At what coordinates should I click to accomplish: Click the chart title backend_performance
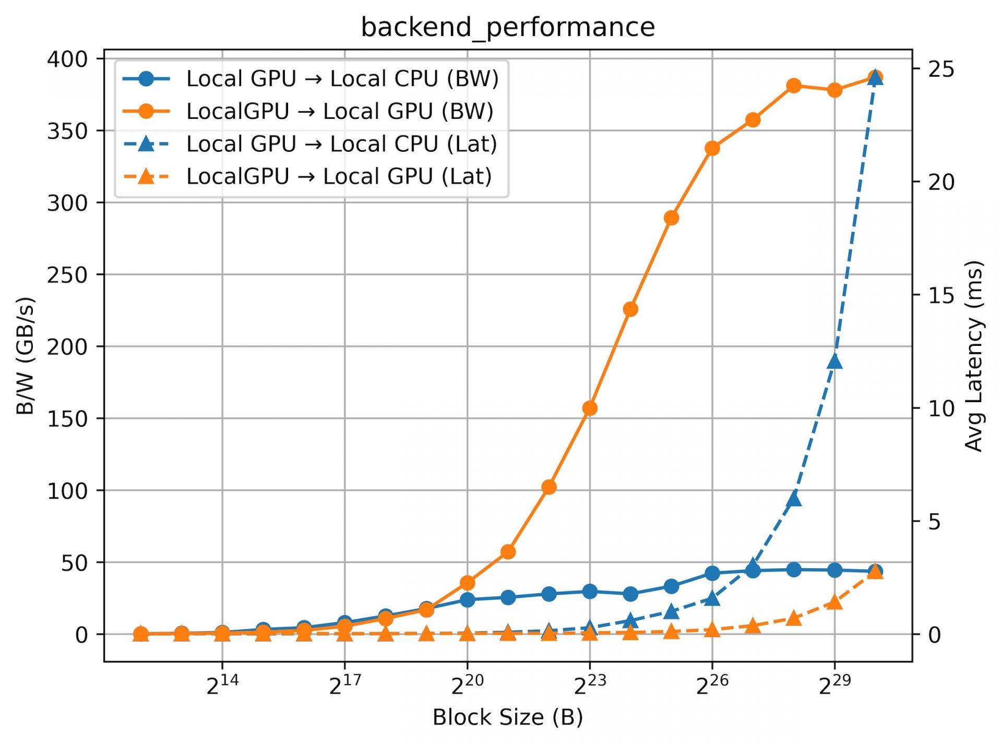[x=507, y=27]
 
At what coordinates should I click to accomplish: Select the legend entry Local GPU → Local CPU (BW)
[x=342, y=79]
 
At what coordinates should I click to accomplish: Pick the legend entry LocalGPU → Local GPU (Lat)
[x=339, y=176]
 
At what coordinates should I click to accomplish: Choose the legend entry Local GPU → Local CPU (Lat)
[x=342, y=144]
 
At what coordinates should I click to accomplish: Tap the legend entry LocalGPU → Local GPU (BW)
[x=340, y=112]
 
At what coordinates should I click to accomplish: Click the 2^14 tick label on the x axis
[x=222, y=686]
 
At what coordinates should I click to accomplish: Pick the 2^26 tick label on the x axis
[x=712, y=686]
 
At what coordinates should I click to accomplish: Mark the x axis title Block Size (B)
[x=507, y=717]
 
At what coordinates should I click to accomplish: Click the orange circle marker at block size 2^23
[x=590, y=408]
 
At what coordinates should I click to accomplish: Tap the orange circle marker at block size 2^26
[x=712, y=149]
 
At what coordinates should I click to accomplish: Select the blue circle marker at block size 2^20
[x=468, y=600]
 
